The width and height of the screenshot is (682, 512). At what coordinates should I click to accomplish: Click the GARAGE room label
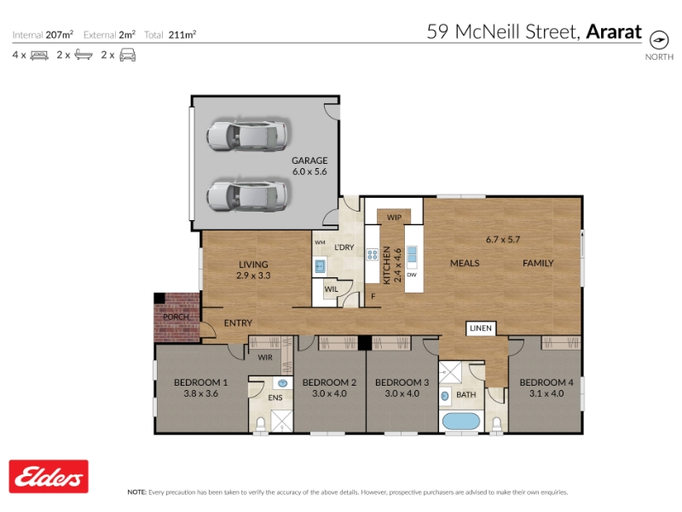tap(309, 160)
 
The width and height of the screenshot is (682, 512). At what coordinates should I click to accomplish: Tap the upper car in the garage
tap(247, 134)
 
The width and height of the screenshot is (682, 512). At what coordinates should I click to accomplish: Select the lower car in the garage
tap(247, 195)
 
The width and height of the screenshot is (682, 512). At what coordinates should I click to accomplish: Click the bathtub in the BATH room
tap(461, 422)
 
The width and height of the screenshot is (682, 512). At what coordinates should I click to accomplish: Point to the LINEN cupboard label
tap(481, 329)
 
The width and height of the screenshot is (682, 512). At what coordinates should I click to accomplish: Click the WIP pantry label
tap(394, 218)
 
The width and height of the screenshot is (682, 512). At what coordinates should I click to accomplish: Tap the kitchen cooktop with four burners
tap(373, 254)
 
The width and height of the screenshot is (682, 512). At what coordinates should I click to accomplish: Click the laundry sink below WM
tap(321, 265)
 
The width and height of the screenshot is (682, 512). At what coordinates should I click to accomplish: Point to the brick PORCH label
tap(176, 317)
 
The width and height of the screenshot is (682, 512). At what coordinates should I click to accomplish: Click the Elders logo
tap(49, 476)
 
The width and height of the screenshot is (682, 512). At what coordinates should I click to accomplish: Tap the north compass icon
tap(659, 40)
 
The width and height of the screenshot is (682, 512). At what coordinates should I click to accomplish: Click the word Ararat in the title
tap(614, 32)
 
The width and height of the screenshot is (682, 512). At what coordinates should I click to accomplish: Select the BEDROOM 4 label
tap(546, 382)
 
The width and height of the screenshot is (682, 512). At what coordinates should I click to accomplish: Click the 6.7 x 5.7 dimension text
tap(503, 240)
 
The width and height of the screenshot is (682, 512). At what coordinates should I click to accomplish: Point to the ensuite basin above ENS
tap(283, 383)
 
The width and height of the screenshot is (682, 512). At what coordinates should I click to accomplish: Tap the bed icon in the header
tap(39, 55)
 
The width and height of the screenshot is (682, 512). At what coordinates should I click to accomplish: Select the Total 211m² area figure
tap(170, 35)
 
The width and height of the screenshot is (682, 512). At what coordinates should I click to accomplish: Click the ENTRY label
tap(238, 323)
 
